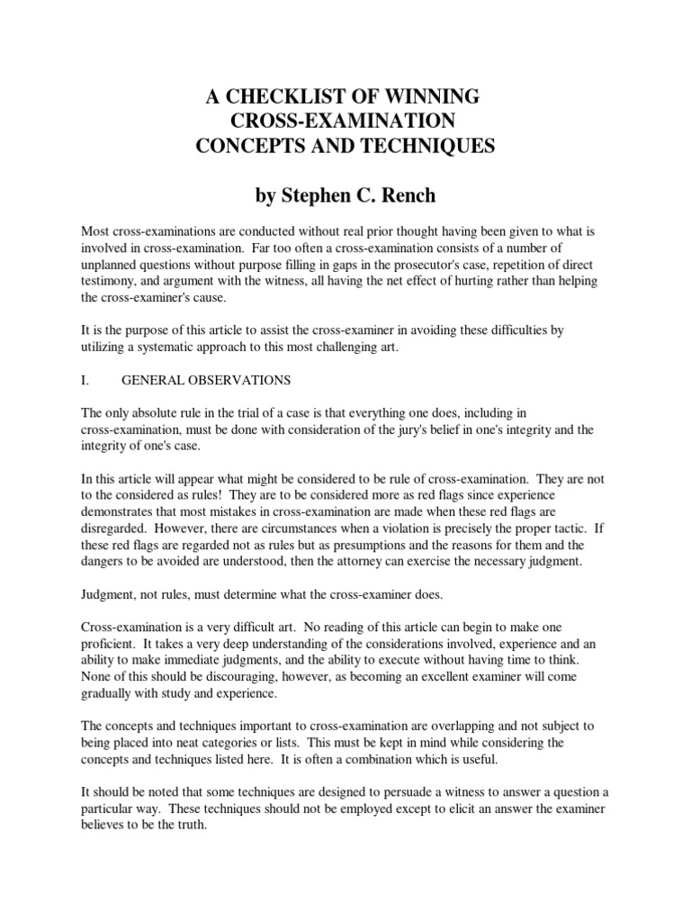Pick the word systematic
point(202,331)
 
